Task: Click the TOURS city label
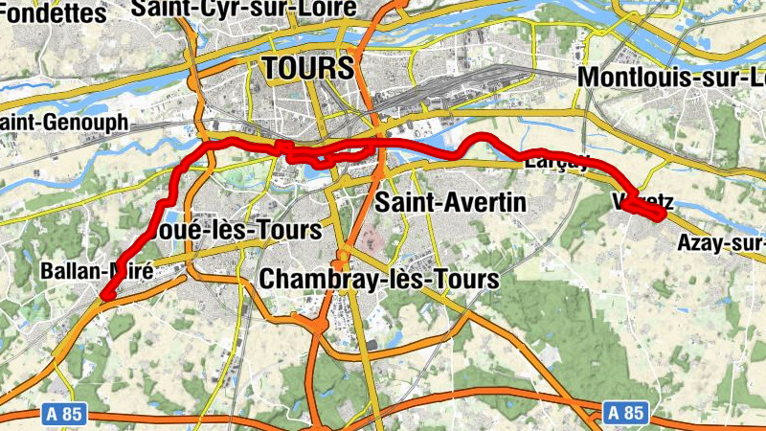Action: point(307,68)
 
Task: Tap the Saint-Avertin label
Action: point(450,203)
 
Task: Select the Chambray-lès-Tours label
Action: point(379,280)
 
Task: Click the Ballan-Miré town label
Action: point(97,271)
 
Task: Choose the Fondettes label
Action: point(53,13)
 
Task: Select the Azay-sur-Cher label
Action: point(722,243)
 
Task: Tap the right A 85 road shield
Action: point(625,413)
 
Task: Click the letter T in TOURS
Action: point(272,68)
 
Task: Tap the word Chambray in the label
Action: point(308,280)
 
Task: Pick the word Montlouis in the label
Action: point(632,77)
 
